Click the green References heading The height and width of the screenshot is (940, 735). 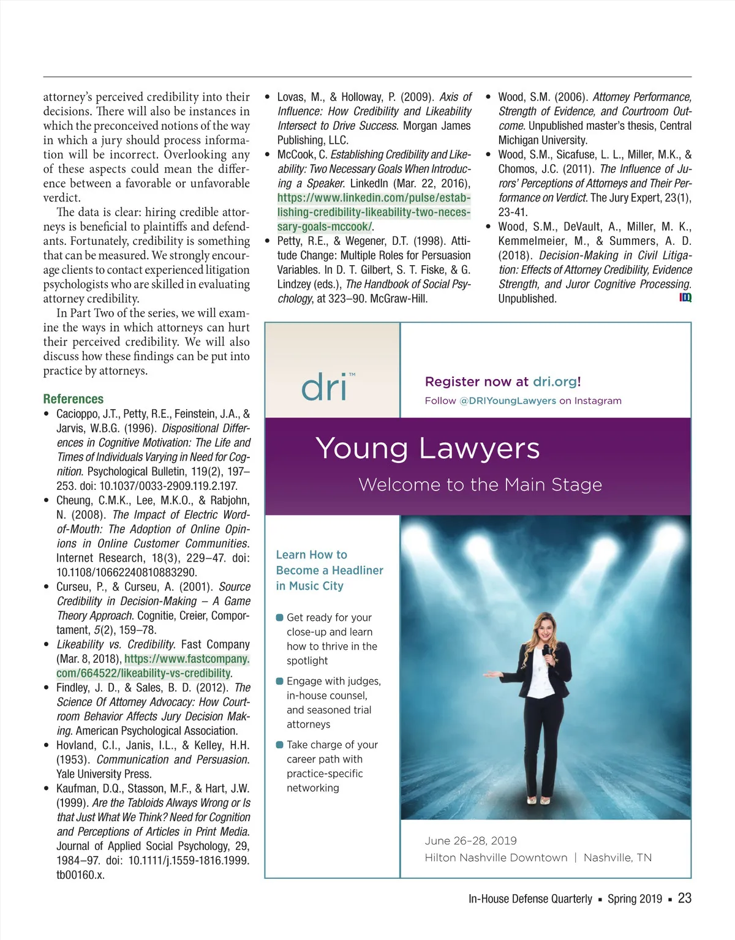point(73,399)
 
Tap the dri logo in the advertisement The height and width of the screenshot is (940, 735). point(325,387)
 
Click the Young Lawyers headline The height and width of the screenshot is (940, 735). point(428,448)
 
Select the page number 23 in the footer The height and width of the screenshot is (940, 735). point(685,898)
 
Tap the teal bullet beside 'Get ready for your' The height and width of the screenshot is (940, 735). point(280,617)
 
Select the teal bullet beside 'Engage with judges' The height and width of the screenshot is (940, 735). point(280,681)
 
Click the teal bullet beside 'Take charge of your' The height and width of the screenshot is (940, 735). point(280,745)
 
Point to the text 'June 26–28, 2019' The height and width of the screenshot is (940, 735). point(470,841)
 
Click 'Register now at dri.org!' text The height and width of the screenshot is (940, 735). point(503,382)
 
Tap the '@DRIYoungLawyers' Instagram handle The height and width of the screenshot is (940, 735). point(507,400)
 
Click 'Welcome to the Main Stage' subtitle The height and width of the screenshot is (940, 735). point(480,484)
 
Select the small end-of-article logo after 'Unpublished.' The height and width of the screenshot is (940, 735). point(685,298)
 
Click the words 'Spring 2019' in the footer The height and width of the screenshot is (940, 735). point(635,898)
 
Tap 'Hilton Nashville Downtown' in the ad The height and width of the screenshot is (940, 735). point(496,857)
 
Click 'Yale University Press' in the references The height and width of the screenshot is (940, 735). point(103,773)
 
